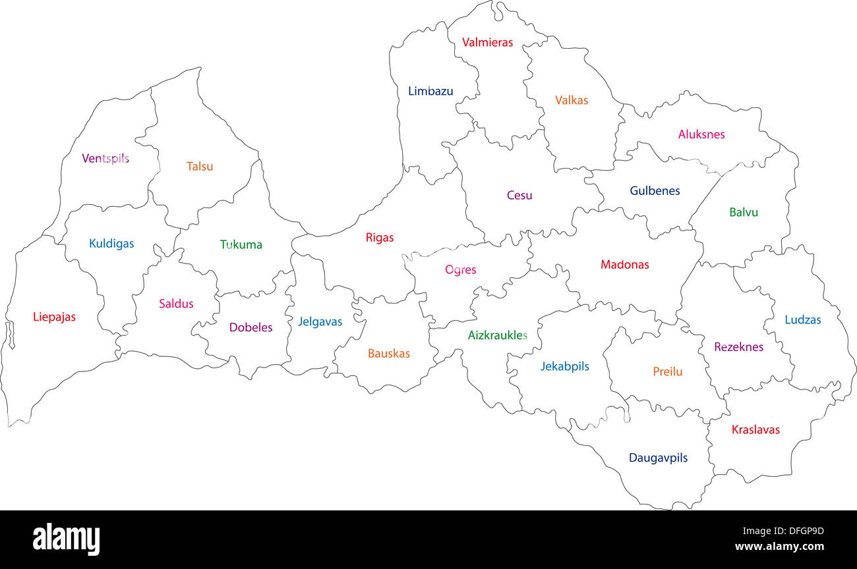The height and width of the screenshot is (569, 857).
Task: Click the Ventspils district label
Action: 105,158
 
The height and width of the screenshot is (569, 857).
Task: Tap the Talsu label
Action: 200,167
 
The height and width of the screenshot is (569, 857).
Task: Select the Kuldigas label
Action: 111,244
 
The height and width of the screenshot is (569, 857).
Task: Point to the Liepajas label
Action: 54,317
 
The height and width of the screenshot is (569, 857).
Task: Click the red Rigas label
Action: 380,238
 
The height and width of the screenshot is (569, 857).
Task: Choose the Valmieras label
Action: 487,43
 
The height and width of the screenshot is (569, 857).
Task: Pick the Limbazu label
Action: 430,92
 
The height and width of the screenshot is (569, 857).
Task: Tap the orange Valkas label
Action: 572,101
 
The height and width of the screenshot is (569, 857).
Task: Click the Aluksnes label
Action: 701,134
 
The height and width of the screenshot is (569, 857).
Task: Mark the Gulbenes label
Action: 655,191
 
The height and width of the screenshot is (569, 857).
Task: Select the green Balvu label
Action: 744,213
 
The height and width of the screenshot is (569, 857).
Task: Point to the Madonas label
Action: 624,265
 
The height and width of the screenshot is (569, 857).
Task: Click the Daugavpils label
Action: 658,458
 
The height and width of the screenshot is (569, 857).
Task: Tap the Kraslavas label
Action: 755,430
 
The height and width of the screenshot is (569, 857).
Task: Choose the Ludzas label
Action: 803,320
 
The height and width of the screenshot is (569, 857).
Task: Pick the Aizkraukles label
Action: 498,335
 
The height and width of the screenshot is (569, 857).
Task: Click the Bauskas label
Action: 389,354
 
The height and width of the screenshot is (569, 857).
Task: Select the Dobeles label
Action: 251,327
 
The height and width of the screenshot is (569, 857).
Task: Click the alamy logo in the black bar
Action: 67,539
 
